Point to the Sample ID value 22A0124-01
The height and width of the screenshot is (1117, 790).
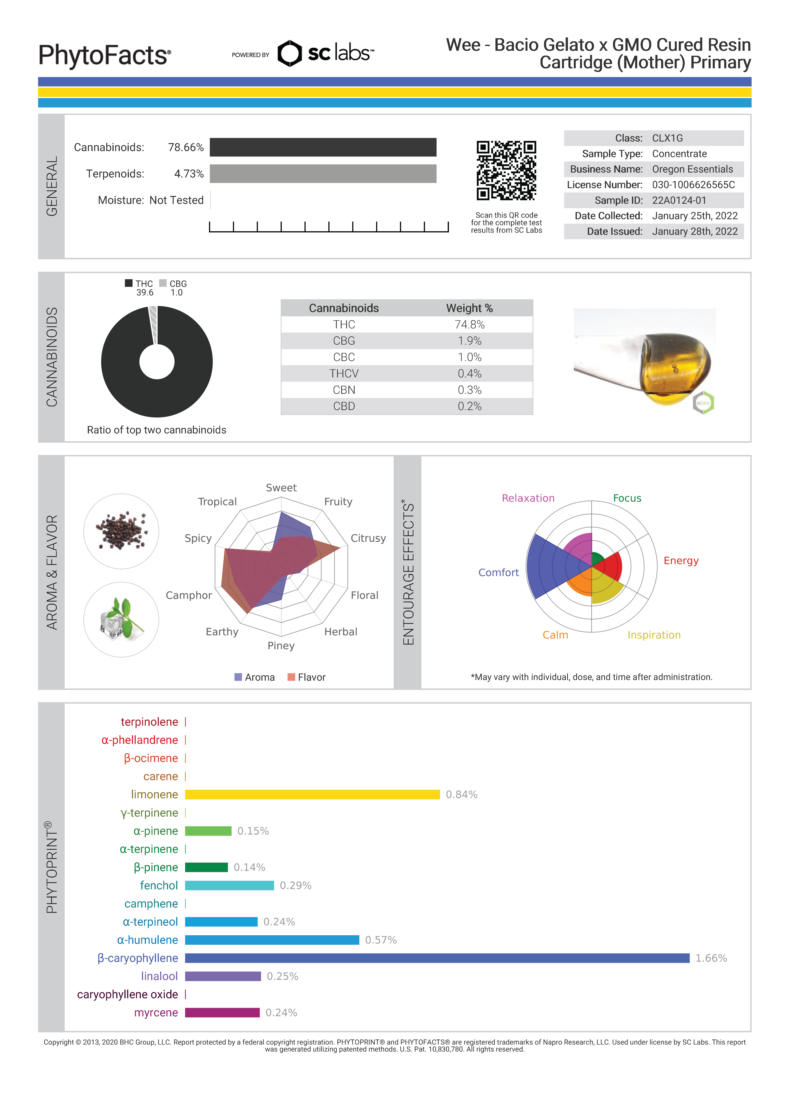678,200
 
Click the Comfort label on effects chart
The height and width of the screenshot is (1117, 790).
498,573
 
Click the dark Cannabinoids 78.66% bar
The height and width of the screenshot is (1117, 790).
323,147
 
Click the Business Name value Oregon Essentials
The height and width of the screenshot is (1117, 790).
692,169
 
